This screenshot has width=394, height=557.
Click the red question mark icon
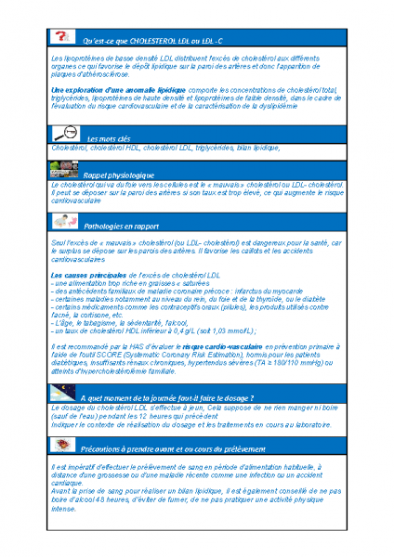tap(61, 37)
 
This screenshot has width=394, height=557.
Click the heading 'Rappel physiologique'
tap(119, 175)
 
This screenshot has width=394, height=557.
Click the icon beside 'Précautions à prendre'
tap(61, 446)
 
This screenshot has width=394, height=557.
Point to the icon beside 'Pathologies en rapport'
tap(62, 223)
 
